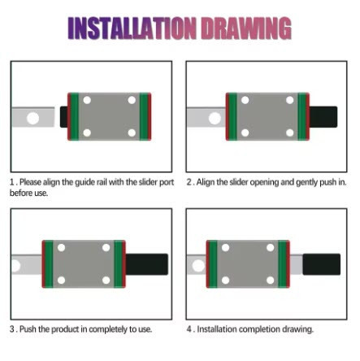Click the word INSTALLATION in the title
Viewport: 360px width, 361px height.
132,28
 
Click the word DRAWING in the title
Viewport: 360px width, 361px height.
246,28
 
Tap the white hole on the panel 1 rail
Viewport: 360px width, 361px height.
33,118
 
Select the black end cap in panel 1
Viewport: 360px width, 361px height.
64,117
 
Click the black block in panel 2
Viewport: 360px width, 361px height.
323,117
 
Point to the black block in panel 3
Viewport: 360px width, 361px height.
147,264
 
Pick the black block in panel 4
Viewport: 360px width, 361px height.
322,264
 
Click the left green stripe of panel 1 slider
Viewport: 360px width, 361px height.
75,116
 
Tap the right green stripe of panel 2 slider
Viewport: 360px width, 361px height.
301,116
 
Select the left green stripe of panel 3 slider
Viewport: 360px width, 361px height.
49,264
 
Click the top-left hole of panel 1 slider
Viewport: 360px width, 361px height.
87,100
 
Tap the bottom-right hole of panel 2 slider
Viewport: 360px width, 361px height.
290,133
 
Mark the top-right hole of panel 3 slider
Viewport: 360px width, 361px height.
106,248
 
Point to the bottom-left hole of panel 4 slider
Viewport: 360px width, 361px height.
225,281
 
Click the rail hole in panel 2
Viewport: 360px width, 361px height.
215,119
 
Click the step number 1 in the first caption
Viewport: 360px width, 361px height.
11,182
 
